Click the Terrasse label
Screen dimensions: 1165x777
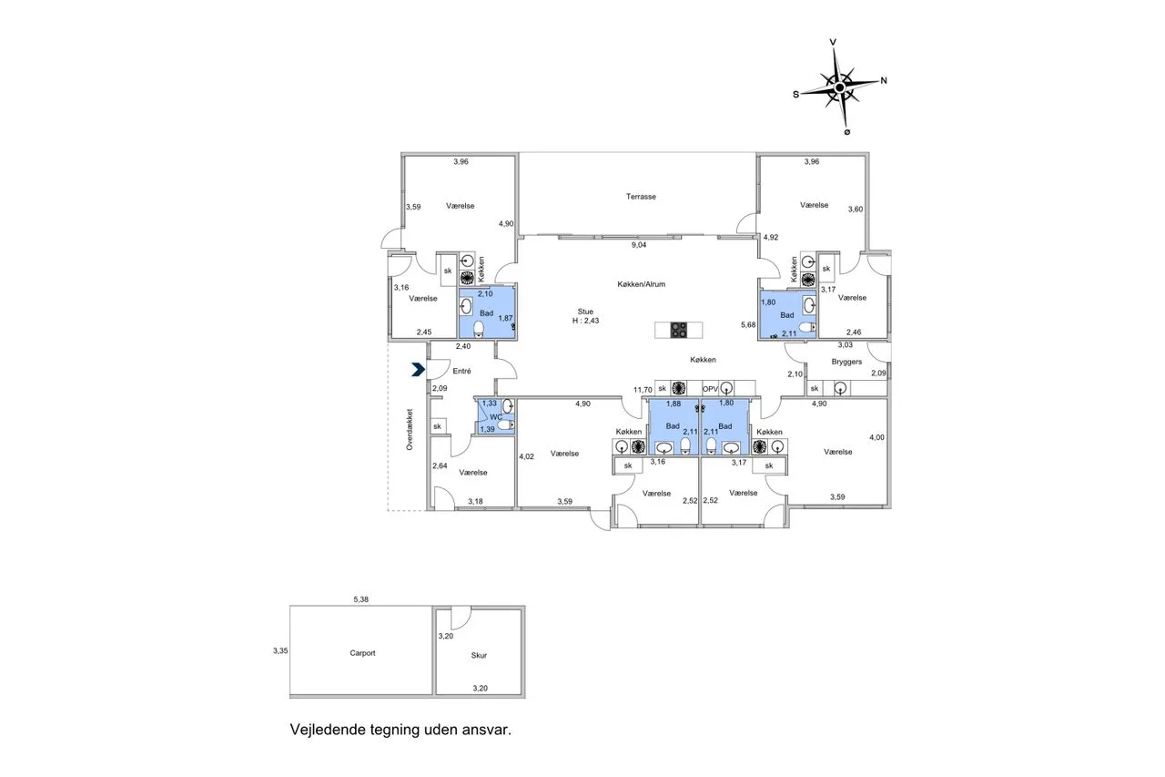641,197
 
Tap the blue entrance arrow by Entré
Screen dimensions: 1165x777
418,370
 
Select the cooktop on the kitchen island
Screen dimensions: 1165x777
679,330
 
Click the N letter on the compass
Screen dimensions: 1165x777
884,81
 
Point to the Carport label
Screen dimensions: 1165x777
362,653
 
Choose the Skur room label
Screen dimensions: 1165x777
479,656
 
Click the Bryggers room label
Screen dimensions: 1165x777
846,362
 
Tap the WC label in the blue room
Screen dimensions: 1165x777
496,417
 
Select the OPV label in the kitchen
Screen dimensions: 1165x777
710,389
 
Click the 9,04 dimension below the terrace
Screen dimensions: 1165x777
639,245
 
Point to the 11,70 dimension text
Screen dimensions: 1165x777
643,390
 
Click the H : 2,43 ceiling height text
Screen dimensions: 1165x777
585,321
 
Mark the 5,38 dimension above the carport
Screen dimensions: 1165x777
361,599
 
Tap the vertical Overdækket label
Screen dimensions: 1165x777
410,429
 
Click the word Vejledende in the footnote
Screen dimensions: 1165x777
328,730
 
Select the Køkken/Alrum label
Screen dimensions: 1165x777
642,284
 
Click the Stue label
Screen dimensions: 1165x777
585,312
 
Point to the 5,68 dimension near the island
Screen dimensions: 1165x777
748,325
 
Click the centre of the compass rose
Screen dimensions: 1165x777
839,87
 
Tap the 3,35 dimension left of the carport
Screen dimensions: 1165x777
280,650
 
